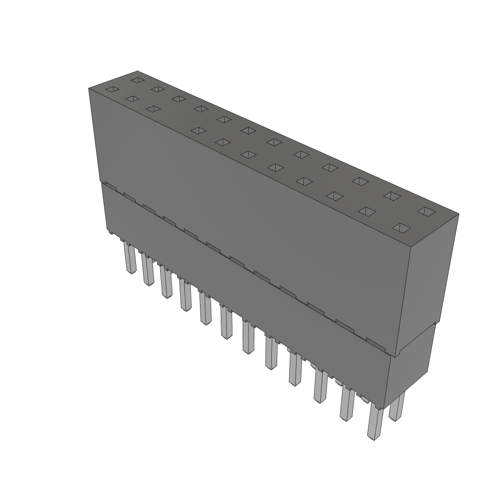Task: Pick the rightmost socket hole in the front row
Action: (401, 228)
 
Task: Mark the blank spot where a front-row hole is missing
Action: (175, 119)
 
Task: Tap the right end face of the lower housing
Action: (410, 369)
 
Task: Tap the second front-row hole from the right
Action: (367, 212)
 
